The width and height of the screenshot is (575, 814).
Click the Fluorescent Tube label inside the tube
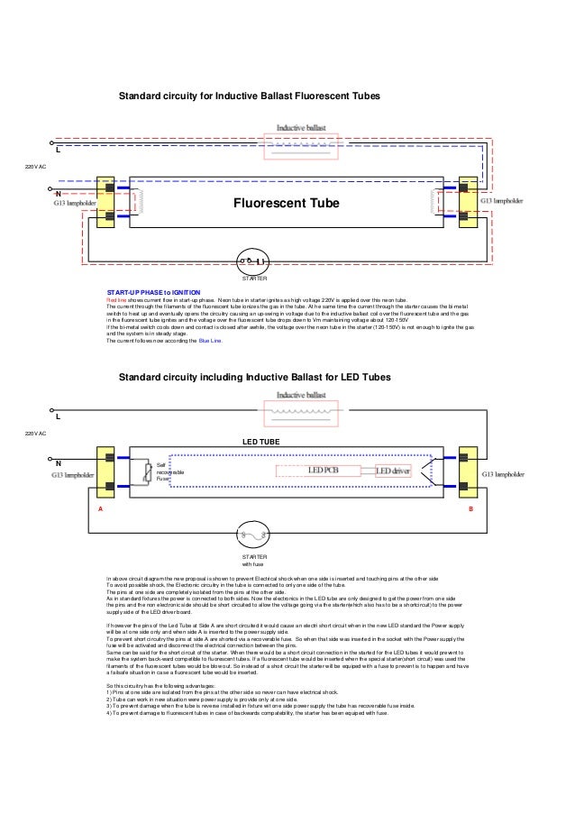coord(287,205)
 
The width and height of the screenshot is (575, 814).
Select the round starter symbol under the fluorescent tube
coord(253,261)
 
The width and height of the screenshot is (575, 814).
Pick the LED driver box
coord(393,471)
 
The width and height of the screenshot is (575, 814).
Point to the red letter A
coord(100,508)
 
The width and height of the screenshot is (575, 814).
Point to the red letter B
coord(470,508)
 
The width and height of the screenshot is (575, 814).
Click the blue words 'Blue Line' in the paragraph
coord(209,342)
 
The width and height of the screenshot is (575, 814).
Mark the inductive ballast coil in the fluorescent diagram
coord(302,143)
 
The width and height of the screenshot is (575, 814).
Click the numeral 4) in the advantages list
coord(109,713)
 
